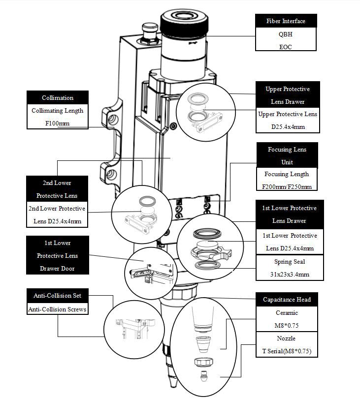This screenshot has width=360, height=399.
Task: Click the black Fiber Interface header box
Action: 286,21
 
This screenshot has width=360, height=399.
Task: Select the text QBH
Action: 286,34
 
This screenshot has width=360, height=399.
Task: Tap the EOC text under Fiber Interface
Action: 286,46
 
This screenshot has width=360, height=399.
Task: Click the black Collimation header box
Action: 58,97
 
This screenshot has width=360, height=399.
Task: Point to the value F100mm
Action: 58,123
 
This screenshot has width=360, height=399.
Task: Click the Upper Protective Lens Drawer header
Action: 288,95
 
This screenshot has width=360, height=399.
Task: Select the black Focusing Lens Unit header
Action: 287,155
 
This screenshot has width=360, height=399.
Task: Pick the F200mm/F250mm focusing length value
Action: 287,186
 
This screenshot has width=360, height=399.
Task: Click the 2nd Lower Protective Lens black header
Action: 57,189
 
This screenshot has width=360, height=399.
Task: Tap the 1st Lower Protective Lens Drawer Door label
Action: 57,255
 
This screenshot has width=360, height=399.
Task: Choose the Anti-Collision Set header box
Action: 57,296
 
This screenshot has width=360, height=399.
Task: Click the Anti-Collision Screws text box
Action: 57,309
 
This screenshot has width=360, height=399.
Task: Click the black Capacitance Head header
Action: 287,299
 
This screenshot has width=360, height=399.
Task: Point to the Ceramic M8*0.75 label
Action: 287,318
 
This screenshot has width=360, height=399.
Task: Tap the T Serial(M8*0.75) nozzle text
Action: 287,351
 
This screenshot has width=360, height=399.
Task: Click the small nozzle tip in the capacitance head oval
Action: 203,379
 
